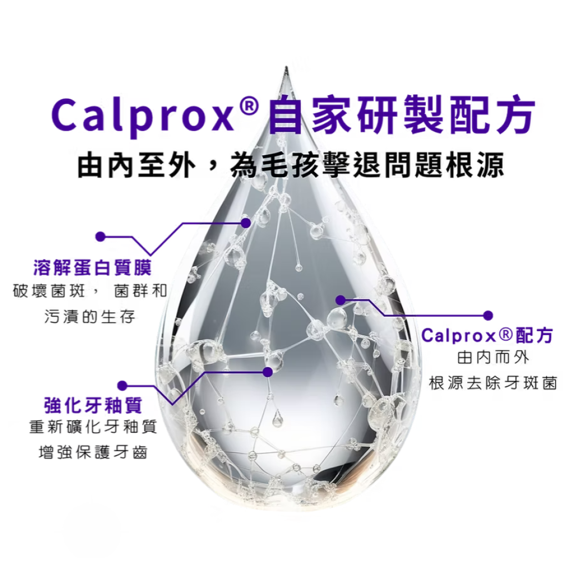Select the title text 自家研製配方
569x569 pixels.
[x=401, y=115]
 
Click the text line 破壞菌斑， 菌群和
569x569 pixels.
[x=89, y=291]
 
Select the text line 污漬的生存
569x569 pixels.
[x=89, y=317]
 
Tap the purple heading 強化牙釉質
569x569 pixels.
[x=92, y=405]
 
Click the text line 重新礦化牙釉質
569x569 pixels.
[x=92, y=427]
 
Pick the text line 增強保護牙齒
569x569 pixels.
[x=92, y=452]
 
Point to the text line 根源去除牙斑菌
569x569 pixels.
[x=492, y=383]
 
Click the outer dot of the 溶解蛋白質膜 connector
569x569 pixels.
[x=100, y=237]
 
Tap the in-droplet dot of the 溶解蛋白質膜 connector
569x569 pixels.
[x=245, y=222]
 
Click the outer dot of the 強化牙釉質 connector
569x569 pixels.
[x=123, y=385]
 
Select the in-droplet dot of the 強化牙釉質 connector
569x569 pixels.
[x=268, y=371]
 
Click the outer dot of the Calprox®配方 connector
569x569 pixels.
[x=488, y=316]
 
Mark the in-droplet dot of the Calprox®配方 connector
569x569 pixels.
[x=341, y=301]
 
